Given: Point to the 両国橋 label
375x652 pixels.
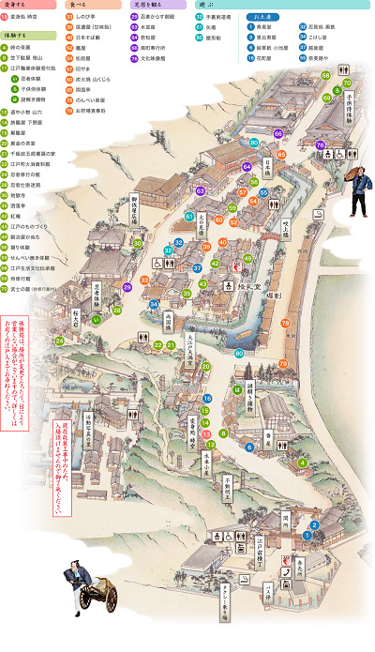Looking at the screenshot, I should tap(169, 320).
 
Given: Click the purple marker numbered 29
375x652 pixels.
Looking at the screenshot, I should tap(127, 287).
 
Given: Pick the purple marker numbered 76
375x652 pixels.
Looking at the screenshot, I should tap(320, 145).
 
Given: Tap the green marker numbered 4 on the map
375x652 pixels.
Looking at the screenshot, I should tap(302, 463).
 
